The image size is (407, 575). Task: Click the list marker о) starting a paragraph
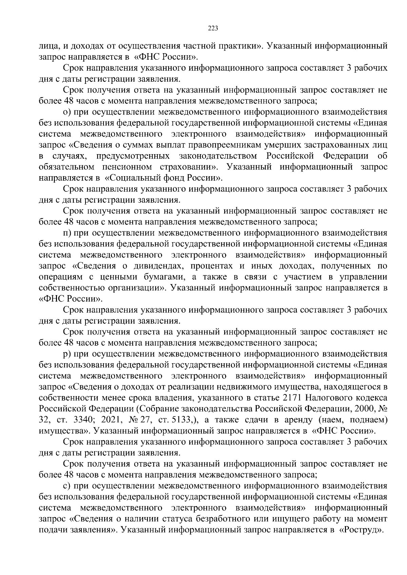tap(67, 111)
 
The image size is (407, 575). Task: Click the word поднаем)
tap(368, 419)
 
